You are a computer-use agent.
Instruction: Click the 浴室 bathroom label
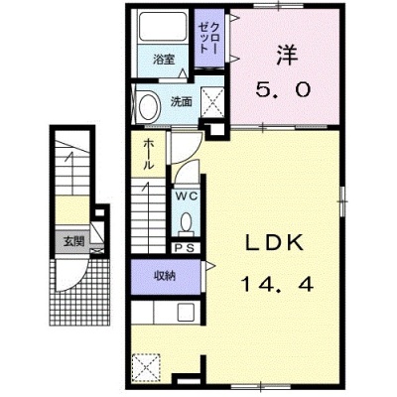(x=164, y=60)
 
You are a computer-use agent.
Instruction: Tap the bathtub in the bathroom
(x=163, y=26)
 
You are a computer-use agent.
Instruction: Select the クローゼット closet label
(x=209, y=39)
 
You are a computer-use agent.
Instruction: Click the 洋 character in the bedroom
(x=286, y=55)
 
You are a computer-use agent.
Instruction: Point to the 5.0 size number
(x=283, y=89)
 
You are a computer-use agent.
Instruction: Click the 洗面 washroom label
(x=181, y=102)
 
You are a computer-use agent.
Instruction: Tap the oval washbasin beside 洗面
(x=148, y=105)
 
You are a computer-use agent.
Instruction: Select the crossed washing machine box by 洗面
(x=212, y=102)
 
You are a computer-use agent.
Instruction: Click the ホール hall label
(x=149, y=154)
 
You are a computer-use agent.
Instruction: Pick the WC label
(x=187, y=197)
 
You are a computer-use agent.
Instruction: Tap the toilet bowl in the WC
(x=186, y=221)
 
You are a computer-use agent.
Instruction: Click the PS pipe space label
(x=186, y=248)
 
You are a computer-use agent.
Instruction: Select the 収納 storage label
(x=166, y=276)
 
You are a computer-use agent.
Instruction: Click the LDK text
(x=274, y=243)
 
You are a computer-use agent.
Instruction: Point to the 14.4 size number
(x=277, y=284)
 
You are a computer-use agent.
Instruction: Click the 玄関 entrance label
(x=73, y=241)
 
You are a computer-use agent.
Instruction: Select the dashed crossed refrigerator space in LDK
(x=146, y=367)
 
